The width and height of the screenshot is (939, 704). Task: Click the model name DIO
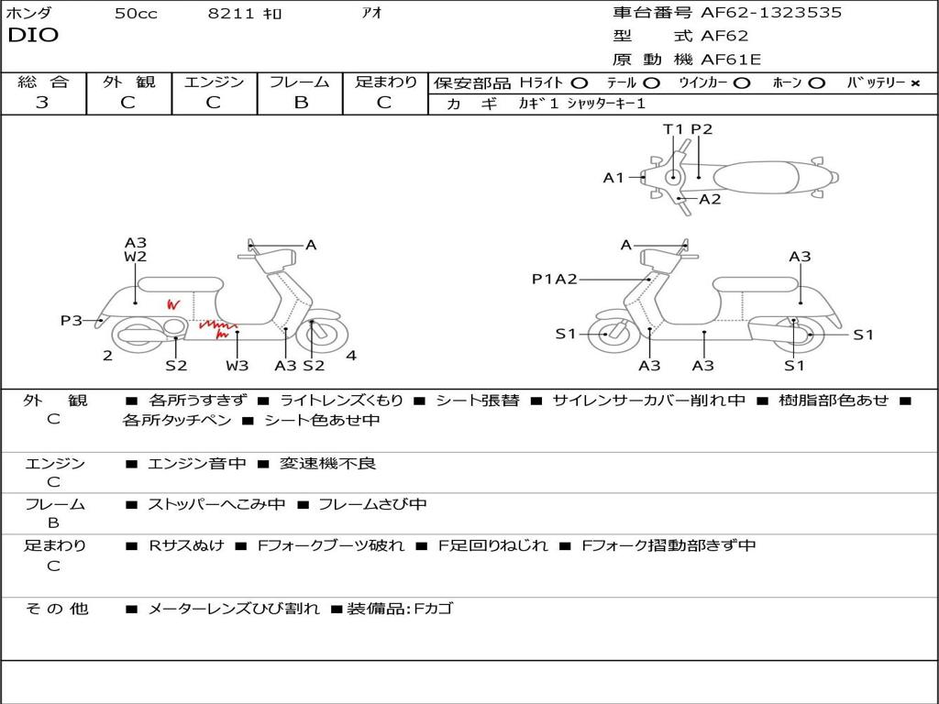pyautogui.click(x=33, y=36)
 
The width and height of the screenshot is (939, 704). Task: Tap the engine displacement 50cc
pyautogui.click(x=136, y=14)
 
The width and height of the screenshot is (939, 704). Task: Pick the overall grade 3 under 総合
pyautogui.click(x=42, y=103)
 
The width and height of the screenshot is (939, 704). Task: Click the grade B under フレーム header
pyautogui.click(x=300, y=103)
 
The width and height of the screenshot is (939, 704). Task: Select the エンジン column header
pyautogui.click(x=214, y=82)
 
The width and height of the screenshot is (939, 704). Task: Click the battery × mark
pyautogui.click(x=914, y=82)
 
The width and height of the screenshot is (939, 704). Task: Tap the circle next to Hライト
pyautogui.click(x=579, y=82)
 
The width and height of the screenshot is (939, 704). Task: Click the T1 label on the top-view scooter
pyautogui.click(x=674, y=129)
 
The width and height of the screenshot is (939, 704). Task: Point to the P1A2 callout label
pyautogui.click(x=554, y=280)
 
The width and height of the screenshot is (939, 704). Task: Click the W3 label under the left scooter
pyautogui.click(x=237, y=366)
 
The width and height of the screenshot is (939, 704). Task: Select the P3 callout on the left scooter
pyautogui.click(x=72, y=320)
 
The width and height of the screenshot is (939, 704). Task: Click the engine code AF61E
pyautogui.click(x=731, y=60)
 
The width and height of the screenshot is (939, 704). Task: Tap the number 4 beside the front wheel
pyautogui.click(x=351, y=356)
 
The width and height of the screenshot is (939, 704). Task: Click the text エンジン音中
pyautogui.click(x=197, y=464)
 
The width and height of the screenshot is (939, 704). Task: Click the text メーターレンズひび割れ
pyautogui.click(x=234, y=609)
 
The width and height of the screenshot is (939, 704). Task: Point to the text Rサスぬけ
pyautogui.click(x=186, y=545)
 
